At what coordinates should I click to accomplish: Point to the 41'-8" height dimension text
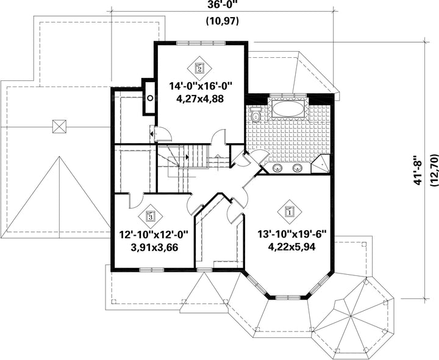pyautogui.click(x=418, y=171)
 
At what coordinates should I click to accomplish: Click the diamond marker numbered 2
pyautogui.click(x=199, y=68)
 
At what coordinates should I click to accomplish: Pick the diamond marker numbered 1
pyautogui.click(x=290, y=212)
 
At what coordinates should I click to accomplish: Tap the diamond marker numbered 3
pyautogui.click(x=151, y=216)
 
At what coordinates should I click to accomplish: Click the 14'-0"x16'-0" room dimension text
pyautogui.click(x=201, y=86)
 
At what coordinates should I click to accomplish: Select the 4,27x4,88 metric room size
pyautogui.click(x=200, y=99)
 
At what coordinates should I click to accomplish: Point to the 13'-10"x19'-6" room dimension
pyautogui.click(x=292, y=234)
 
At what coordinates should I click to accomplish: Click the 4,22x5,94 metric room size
pyautogui.click(x=291, y=247)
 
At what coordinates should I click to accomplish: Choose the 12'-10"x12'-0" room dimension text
pyautogui.click(x=154, y=234)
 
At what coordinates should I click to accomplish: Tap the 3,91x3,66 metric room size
pyautogui.click(x=154, y=247)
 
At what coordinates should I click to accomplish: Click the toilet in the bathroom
pyautogui.click(x=255, y=115)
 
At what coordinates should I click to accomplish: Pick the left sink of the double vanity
pyautogui.click(x=277, y=168)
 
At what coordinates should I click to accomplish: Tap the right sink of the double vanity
pyautogui.click(x=298, y=168)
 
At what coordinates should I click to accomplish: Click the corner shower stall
pyautogui.click(x=321, y=164)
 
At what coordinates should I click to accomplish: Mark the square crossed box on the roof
pyautogui.click(x=59, y=127)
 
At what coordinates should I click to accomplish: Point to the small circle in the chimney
pyautogui.click(x=150, y=98)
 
